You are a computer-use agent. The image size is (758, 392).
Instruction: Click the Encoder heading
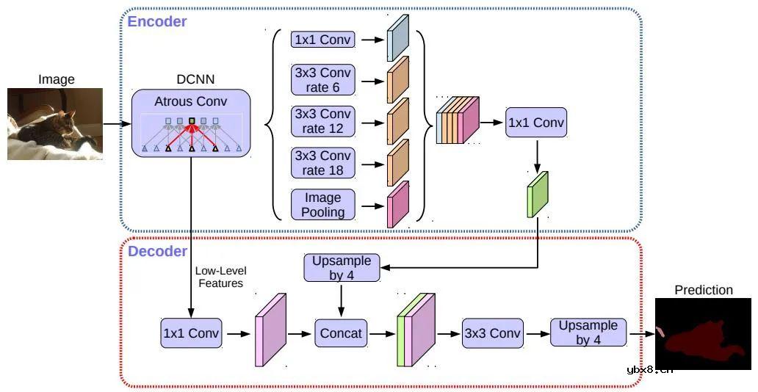point(157,21)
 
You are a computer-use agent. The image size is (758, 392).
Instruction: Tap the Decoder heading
point(157,252)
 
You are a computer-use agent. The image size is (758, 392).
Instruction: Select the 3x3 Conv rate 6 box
point(323,80)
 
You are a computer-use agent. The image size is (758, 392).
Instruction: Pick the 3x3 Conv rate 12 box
point(323,122)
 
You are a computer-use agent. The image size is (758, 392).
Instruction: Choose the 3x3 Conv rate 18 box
point(323,163)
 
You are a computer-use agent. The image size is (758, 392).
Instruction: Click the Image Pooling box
point(323,205)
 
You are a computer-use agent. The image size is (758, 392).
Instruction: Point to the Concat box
point(341,333)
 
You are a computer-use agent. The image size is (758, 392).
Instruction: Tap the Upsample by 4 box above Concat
point(342,268)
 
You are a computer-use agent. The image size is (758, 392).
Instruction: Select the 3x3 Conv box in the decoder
point(491,333)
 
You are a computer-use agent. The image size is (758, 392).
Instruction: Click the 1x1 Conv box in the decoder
point(191,333)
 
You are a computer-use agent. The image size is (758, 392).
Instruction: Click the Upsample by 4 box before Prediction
point(588,333)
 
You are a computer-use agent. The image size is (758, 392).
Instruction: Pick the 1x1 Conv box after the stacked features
point(536,123)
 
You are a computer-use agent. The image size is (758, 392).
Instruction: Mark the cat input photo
point(55,124)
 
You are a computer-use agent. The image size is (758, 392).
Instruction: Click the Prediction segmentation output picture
point(703,334)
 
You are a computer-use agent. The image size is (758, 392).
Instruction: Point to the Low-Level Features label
point(219,277)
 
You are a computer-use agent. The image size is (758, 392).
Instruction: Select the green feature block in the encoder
point(538,195)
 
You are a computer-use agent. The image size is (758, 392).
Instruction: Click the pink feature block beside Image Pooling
point(397,205)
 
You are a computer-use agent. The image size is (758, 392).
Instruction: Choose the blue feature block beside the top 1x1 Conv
point(397,38)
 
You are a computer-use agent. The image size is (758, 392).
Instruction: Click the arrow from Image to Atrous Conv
point(117,124)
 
